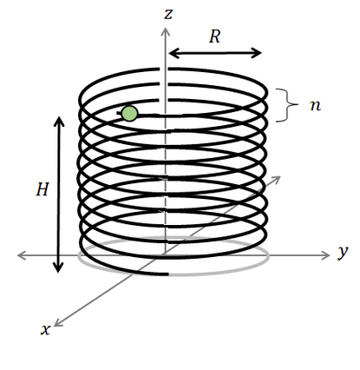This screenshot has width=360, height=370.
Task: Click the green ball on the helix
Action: tap(129, 114)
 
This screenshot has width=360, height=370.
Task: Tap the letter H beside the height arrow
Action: tap(41, 190)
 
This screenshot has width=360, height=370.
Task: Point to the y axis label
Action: tap(343, 252)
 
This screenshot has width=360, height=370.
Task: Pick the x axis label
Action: tap(45, 328)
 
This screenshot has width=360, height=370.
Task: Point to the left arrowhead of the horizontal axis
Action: tap(20, 255)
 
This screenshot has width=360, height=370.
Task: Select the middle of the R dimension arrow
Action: tap(214, 53)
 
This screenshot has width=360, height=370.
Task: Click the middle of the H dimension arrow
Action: tap(59, 195)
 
